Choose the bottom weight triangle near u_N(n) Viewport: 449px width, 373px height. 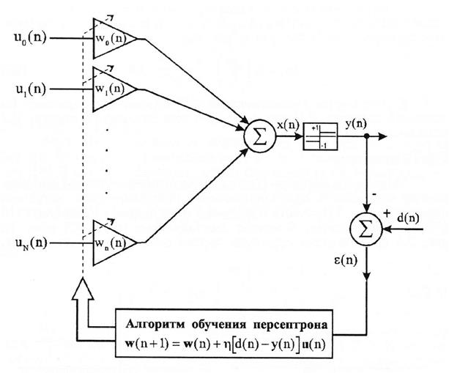tap(111, 242)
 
